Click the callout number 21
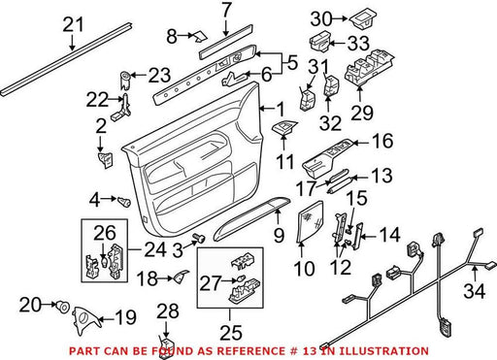click(x=73, y=24)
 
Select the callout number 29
click(x=362, y=113)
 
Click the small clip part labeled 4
click(x=124, y=201)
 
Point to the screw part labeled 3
click(x=199, y=239)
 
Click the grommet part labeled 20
click(x=62, y=306)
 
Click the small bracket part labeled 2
click(x=106, y=160)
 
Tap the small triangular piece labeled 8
click(x=201, y=37)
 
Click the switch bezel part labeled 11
click(x=284, y=127)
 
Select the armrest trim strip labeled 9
click(x=251, y=218)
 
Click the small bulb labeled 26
click(x=104, y=261)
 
